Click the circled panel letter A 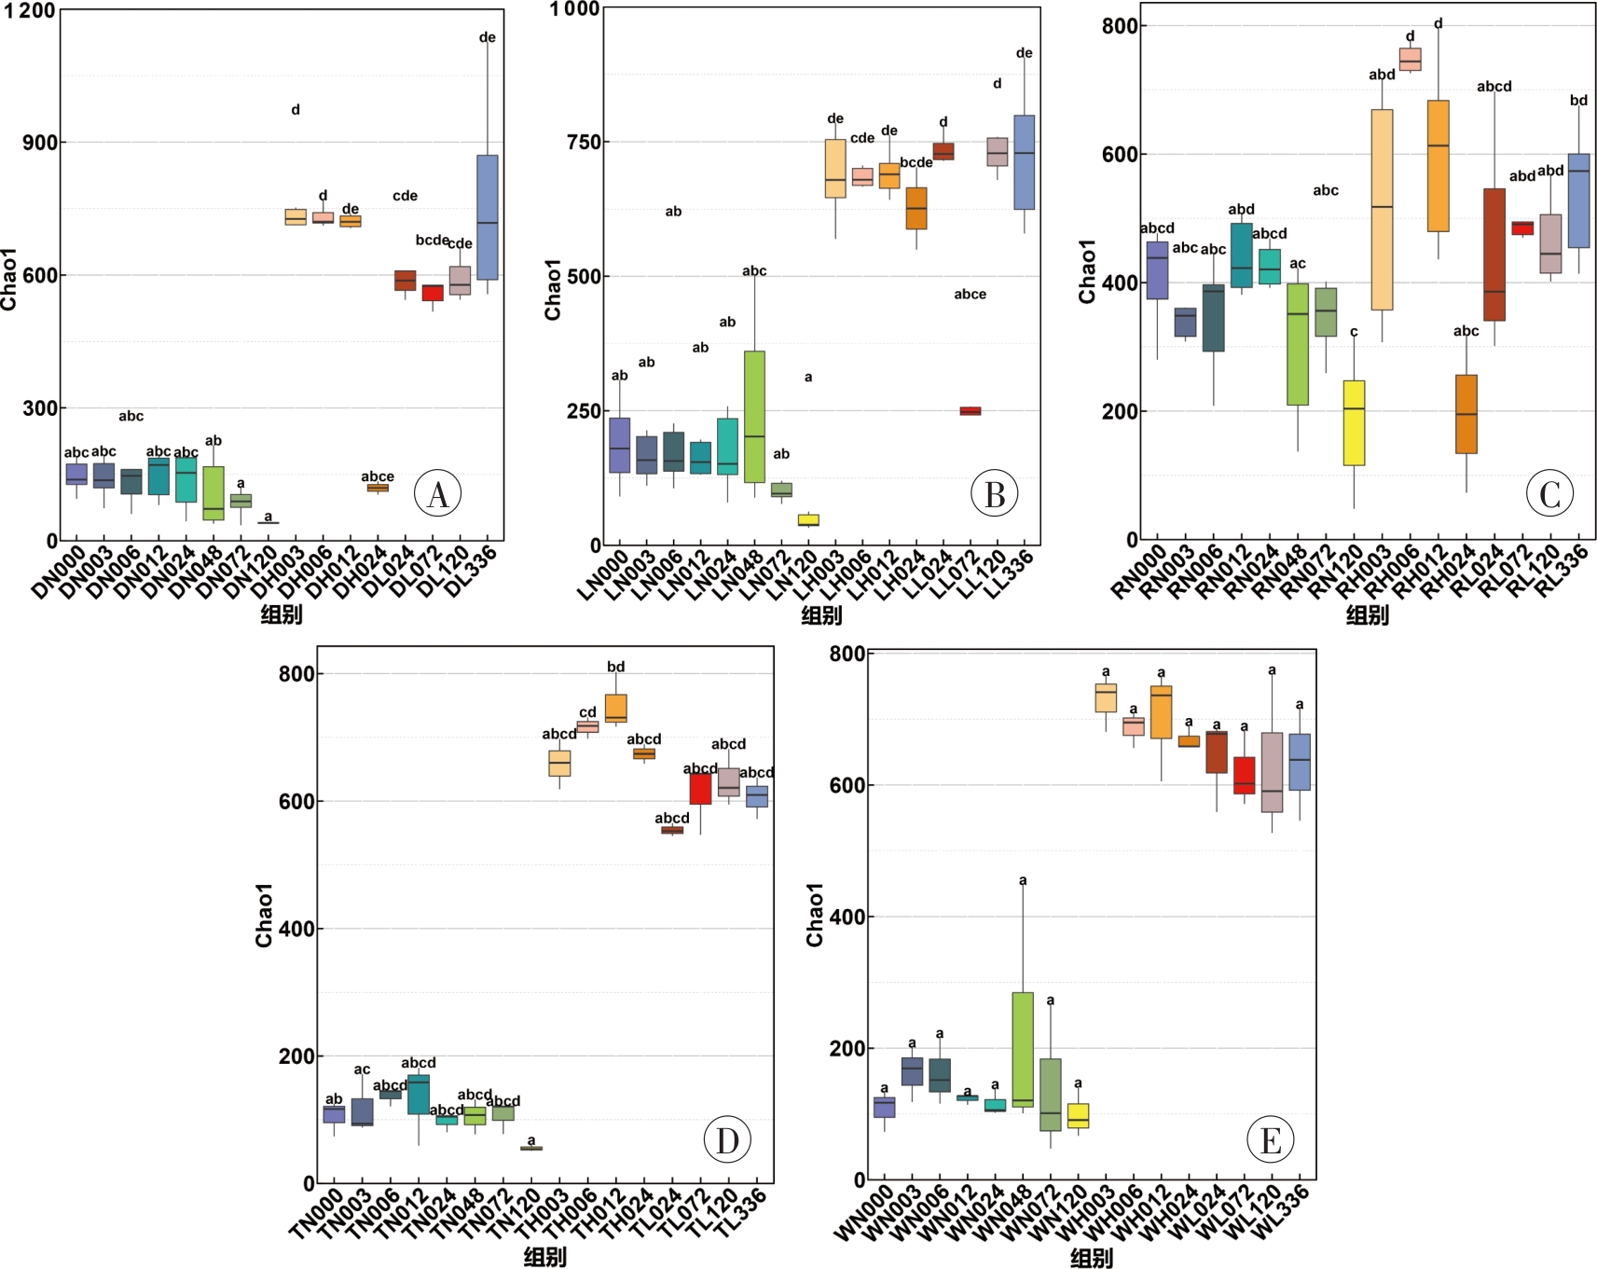tap(437, 493)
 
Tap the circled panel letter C tap(1549, 493)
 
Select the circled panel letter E tap(1270, 1139)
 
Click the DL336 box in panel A tap(487, 217)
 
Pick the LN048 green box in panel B tap(754, 416)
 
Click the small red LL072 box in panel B tap(971, 411)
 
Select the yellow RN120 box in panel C tap(1354, 422)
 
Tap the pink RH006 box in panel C tap(1410, 60)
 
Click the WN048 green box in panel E tap(1023, 1049)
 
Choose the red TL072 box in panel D tap(700, 789)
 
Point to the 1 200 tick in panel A tap(30, 10)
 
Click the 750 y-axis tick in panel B tap(584, 142)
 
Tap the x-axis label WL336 tap(1279, 1213)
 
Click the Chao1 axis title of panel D tap(265, 915)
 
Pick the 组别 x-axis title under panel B tap(821, 614)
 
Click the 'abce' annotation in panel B tap(970, 295)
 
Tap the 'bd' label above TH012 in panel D tap(615, 667)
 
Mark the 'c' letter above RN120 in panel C tap(1354, 332)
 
